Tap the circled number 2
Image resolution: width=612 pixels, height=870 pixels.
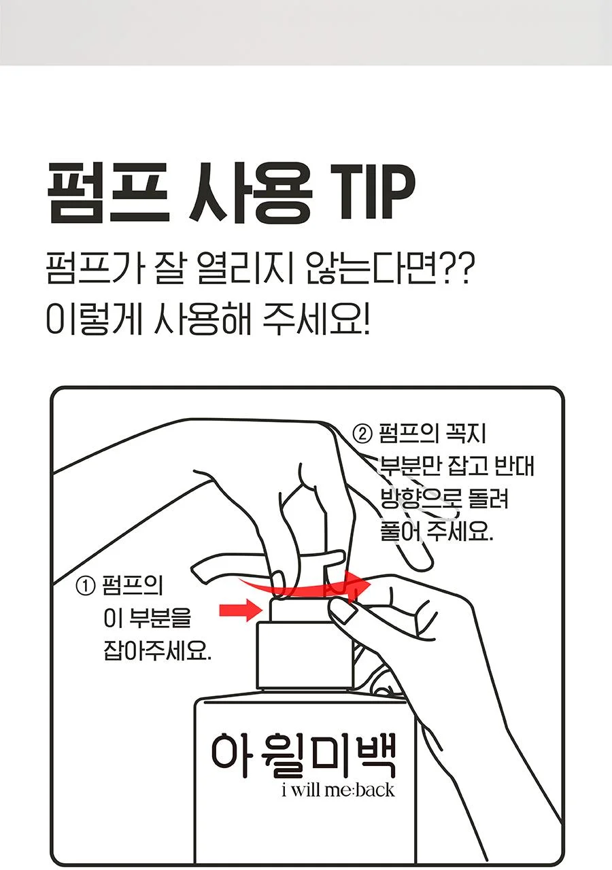pos(362,434)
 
